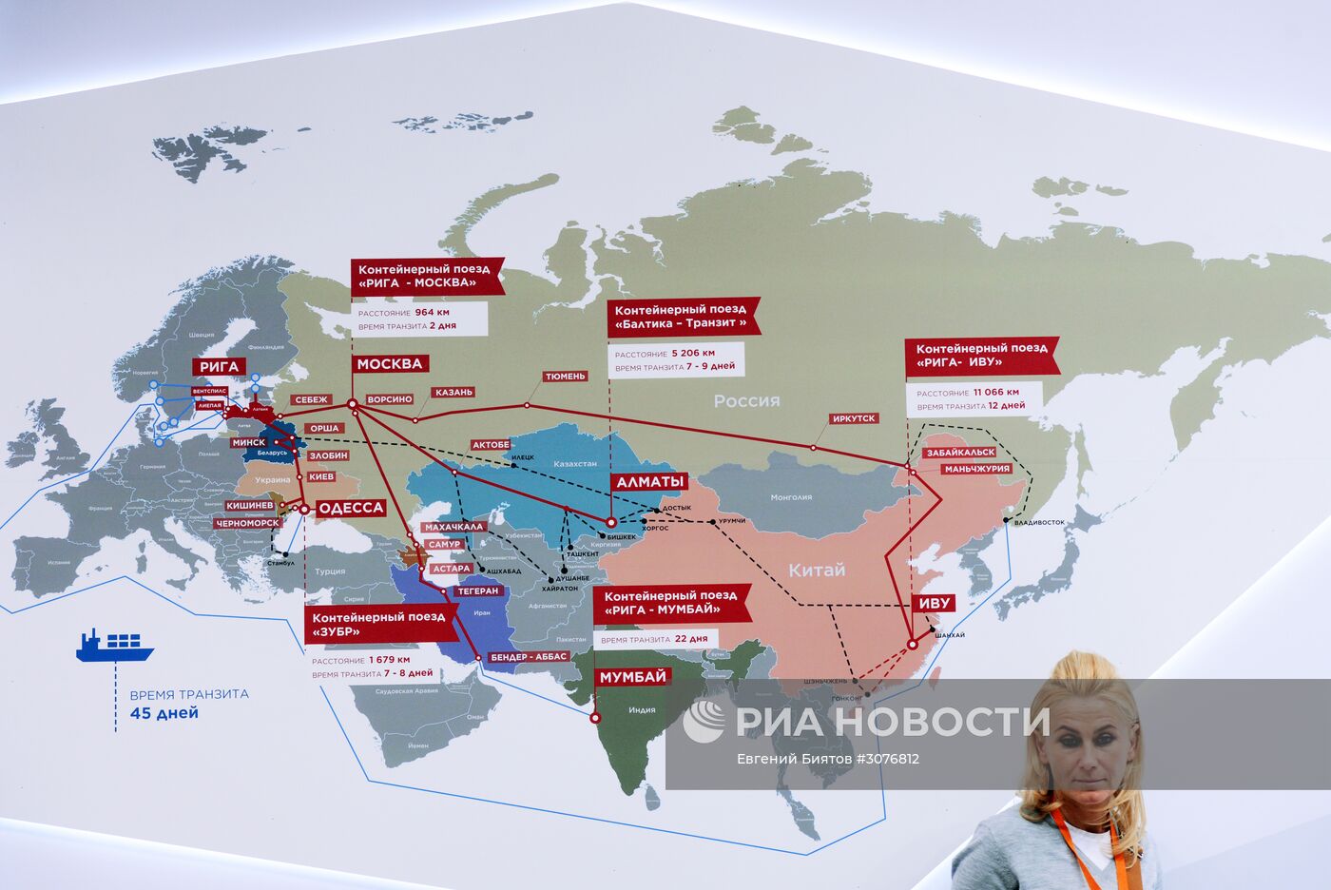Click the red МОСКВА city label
pyautogui.click(x=390, y=363)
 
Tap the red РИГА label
pyautogui.click(x=219, y=366)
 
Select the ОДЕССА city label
pyautogui.click(x=350, y=508)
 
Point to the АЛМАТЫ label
pyautogui.click(x=651, y=482)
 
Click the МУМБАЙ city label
pyautogui.click(x=632, y=677)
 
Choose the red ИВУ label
pyautogui.click(x=934, y=603)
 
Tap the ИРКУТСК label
pyautogui.click(x=853, y=418)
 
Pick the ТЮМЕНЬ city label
pyautogui.click(x=565, y=377)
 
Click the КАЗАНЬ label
pyautogui.click(x=453, y=392)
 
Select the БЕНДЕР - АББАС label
pyautogui.click(x=529, y=656)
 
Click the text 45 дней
pyautogui.click(x=164, y=713)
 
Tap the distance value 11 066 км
pyautogui.click(x=995, y=392)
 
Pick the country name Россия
pyautogui.click(x=746, y=400)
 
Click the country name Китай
pyautogui.click(x=816, y=570)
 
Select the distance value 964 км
pyautogui.click(x=432, y=312)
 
